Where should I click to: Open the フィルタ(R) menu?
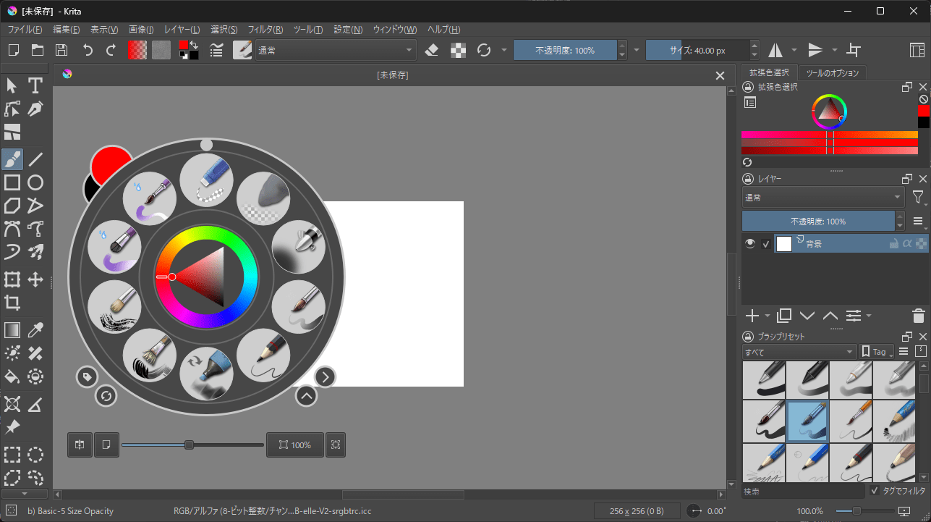click(x=265, y=30)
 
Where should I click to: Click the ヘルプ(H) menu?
click(x=443, y=30)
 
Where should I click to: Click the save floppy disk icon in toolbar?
click(x=61, y=50)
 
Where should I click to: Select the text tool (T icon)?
click(x=35, y=86)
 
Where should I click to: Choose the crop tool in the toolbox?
click(x=12, y=302)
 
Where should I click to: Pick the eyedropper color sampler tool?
click(x=35, y=331)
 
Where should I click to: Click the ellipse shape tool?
click(x=35, y=182)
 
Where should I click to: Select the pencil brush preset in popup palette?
click(x=263, y=355)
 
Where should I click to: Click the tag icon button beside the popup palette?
click(x=87, y=376)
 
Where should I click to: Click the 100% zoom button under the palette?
click(x=294, y=445)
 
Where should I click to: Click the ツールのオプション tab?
click(x=832, y=73)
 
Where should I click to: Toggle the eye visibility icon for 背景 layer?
click(x=750, y=243)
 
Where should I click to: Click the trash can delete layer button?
click(x=918, y=316)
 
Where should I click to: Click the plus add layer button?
click(x=752, y=316)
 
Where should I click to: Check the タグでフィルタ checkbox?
click(x=875, y=491)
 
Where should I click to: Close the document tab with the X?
click(x=720, y=75)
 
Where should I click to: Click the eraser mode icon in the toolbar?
click(x=432, y=50)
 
